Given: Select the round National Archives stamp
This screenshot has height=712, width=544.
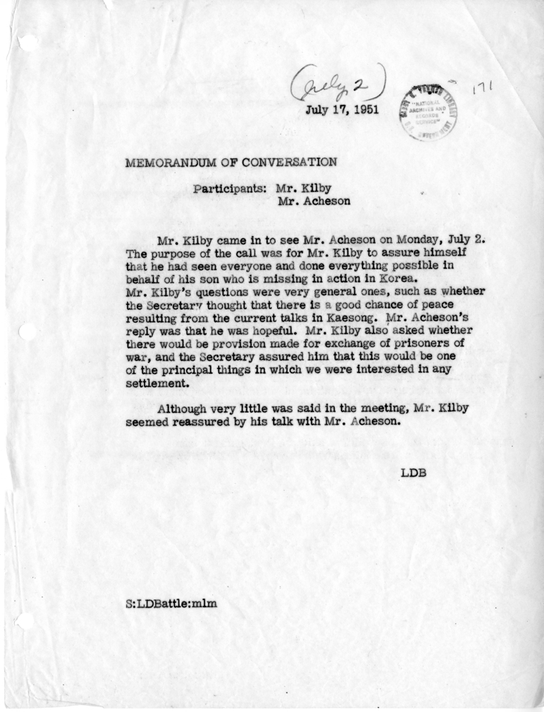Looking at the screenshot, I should (428, 111).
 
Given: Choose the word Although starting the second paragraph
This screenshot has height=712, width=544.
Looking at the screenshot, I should (187, 409).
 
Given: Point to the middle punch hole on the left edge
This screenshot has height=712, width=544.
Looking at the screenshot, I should (27, 331).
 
